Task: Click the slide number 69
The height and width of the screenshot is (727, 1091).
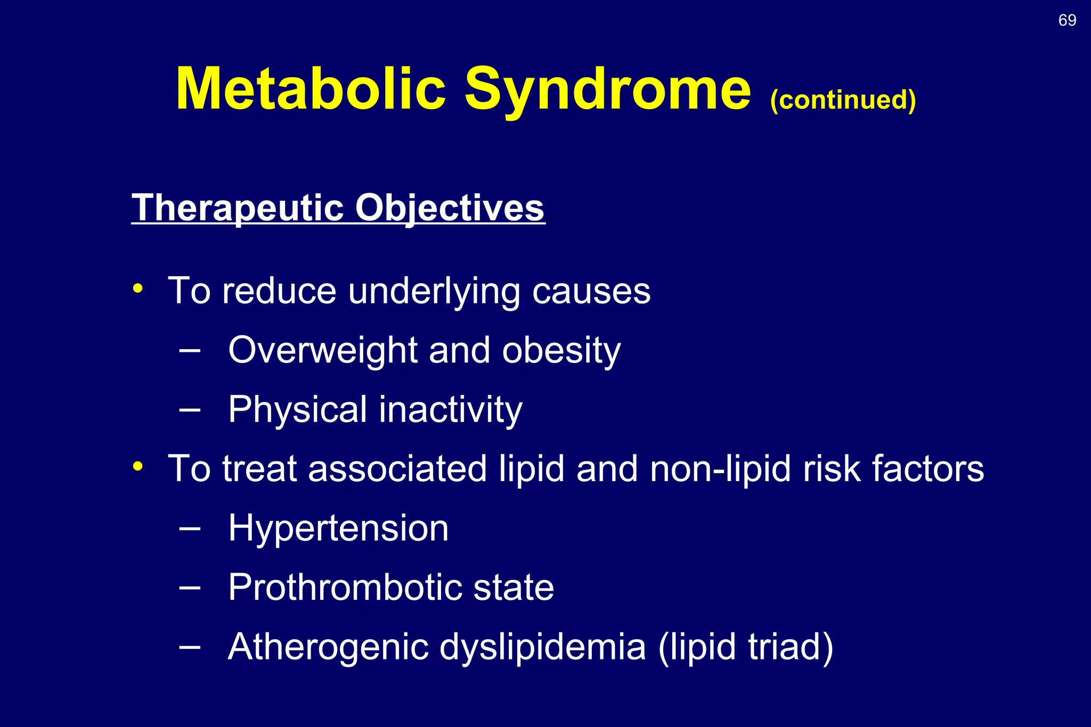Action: [1067, 20]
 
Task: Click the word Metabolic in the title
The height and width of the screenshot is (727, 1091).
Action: [311, 89]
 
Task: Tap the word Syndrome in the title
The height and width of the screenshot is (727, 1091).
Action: [607, 89]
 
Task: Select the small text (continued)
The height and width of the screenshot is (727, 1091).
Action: [843, 100]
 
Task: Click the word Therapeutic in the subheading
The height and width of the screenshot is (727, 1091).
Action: [238, 208]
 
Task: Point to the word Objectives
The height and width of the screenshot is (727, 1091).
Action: [450, 208]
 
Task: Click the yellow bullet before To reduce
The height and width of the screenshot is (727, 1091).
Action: [138, 289]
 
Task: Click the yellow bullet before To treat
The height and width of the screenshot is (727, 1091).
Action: [138, 467]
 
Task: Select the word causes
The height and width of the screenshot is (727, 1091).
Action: [591, 292]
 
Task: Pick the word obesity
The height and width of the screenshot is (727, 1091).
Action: [561, 351]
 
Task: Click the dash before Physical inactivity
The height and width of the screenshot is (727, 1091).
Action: [190, 410]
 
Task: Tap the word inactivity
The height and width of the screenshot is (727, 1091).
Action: [451, 410]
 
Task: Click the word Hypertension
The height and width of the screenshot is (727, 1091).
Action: [338, 528]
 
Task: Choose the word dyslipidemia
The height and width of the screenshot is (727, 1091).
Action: [543, 647]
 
